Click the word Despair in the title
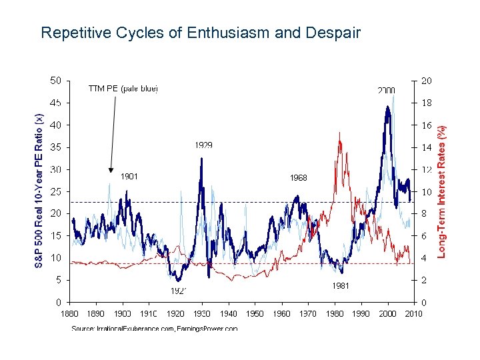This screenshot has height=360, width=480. [x=335, y=32]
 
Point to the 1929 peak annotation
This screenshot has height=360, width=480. [x=204, y=145]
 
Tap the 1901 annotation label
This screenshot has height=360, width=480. [x=129, y=177]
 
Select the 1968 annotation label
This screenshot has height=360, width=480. [x=298, y=178]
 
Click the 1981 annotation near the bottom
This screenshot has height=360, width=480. [x=340, y=285]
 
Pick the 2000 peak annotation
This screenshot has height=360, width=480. [x=386, y=90]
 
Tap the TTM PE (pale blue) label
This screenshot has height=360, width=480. [x=123, y=88]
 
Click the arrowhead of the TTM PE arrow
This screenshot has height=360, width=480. [x=111, y=170]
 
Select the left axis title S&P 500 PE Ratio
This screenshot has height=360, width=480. [x=39, y=191]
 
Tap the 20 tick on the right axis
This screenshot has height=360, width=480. [x=426, y=81]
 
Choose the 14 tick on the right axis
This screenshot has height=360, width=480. [x=426, y=147]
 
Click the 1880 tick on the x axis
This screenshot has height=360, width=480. [x=70, y=313]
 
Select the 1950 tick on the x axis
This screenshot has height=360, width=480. [x=255, y=313]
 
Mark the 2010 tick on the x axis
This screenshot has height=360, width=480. [x=413, y=313]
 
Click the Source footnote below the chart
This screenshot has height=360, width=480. [x=154, y=329]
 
